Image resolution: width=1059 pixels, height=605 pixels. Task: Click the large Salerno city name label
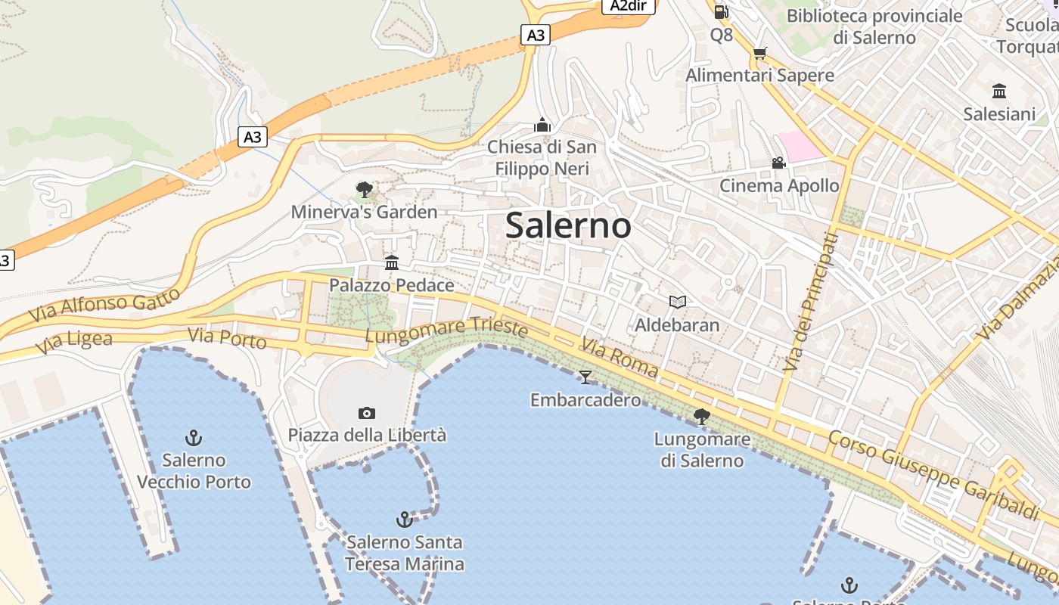point(568,225)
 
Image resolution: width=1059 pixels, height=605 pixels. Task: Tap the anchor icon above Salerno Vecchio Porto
point(194,438)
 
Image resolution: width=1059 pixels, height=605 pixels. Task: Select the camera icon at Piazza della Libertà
point(367,413)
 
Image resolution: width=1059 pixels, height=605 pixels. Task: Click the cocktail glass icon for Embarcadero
point(585,377)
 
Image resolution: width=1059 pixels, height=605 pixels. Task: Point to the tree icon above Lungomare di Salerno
point(702,416)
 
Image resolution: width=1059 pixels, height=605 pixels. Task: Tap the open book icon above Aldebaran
point(678,302)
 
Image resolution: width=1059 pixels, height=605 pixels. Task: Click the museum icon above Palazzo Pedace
point(392,263)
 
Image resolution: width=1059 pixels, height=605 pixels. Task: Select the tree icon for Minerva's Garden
point(365,190)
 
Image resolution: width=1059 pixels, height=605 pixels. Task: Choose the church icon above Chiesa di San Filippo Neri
point(542,124)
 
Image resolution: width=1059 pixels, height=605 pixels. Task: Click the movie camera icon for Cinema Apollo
point(778,163)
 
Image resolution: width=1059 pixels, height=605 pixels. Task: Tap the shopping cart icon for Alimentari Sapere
point(759,53)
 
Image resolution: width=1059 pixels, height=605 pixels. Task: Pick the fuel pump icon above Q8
point(721,11)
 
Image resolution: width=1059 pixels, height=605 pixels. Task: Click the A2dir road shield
point(628,6)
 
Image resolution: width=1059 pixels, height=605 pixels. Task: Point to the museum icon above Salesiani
point(999,92)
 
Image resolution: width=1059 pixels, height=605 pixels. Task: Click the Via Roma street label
point(619,358)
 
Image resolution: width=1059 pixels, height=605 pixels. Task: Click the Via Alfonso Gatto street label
point(106,304)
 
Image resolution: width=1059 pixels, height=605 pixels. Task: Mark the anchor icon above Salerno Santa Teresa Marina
point(405,520)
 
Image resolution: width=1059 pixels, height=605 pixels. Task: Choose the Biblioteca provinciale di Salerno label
point(874,26)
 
